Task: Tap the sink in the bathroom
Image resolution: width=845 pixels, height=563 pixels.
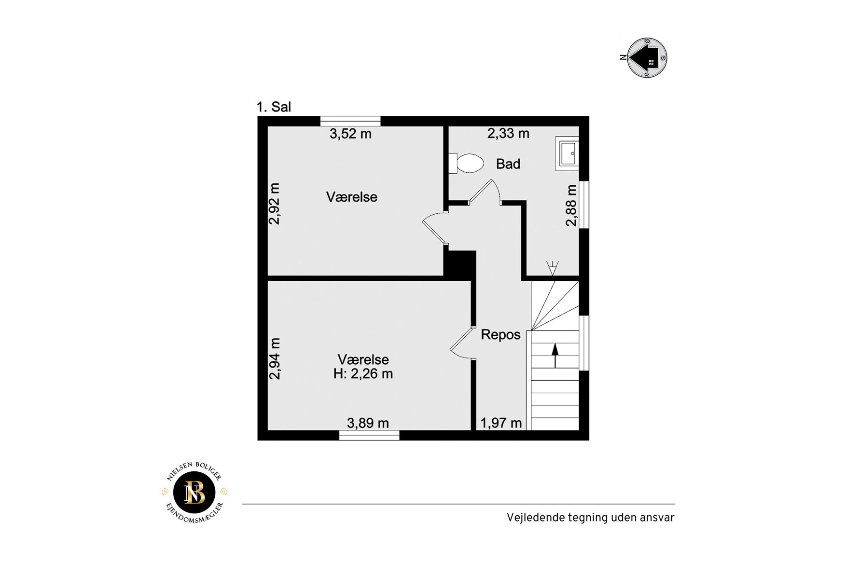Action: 568,153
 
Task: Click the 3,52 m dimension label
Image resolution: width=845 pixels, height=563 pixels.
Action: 350,134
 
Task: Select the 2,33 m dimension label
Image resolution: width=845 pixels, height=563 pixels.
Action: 508,133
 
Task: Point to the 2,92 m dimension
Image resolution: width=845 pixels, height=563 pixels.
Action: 274,204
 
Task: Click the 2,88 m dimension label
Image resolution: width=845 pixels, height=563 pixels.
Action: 571,205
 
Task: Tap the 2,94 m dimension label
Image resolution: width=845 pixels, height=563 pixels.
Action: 274,358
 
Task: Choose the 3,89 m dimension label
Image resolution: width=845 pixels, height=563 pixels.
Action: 368,423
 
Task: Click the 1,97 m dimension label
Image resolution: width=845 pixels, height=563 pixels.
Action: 501,423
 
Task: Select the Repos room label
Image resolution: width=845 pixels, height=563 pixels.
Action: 500,335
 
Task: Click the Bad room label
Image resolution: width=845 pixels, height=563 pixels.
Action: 508,164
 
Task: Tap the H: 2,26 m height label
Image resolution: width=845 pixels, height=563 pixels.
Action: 363,374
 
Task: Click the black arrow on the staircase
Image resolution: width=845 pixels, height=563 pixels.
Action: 555,356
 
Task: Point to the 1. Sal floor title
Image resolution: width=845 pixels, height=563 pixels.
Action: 274,107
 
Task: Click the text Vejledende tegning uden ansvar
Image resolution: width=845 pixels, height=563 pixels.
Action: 590,518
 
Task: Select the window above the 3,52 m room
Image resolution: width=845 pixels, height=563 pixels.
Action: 350,121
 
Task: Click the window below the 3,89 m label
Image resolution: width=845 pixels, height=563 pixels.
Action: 369,435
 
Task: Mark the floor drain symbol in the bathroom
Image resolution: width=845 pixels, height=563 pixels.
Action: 552,268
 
